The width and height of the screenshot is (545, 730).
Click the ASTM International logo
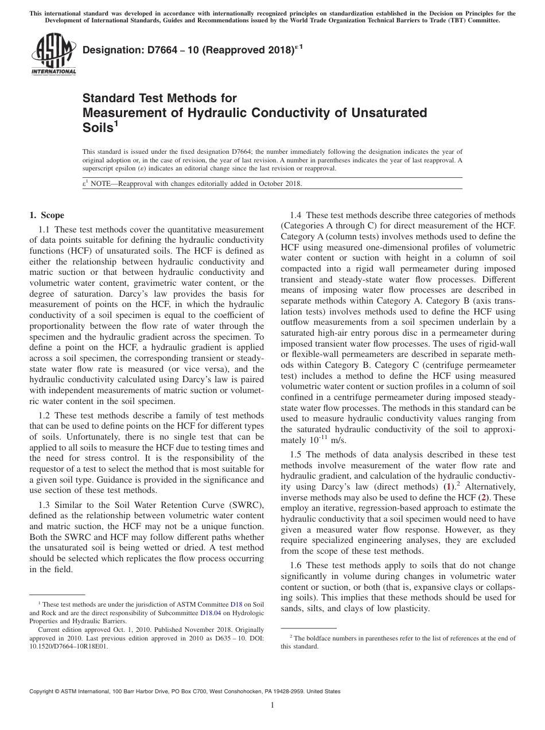point(53,55)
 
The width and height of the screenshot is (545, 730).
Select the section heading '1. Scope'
point(46,215)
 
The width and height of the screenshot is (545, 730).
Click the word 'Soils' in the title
point(98,127)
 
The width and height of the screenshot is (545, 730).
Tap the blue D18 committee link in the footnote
point(236,604)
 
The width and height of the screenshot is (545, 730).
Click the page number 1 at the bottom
point(272,705)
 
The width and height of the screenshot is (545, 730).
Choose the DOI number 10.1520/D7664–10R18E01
point(68,646)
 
